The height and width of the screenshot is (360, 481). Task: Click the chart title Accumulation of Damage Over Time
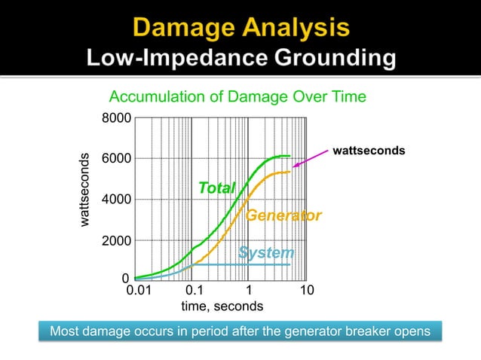tap(237, 97)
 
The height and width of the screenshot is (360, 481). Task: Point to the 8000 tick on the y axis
tap(116, 118)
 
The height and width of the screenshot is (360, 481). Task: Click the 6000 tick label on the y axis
tap(116, 159)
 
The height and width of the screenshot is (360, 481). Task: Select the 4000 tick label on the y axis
tap(116, 200)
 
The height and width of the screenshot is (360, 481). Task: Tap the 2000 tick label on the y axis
tap(116, 241)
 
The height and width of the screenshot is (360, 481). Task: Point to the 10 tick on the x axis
tap(306, 291)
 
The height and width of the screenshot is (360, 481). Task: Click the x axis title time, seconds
tap(222, 307)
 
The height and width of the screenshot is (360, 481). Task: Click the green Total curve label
tap(216, 188)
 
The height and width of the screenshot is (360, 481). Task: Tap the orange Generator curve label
tap(283, 216)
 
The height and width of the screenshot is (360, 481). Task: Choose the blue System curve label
tap(265, 252)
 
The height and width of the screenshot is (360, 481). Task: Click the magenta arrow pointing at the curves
tap(309, 157)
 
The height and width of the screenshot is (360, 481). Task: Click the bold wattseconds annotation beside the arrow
tap(368, 151)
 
